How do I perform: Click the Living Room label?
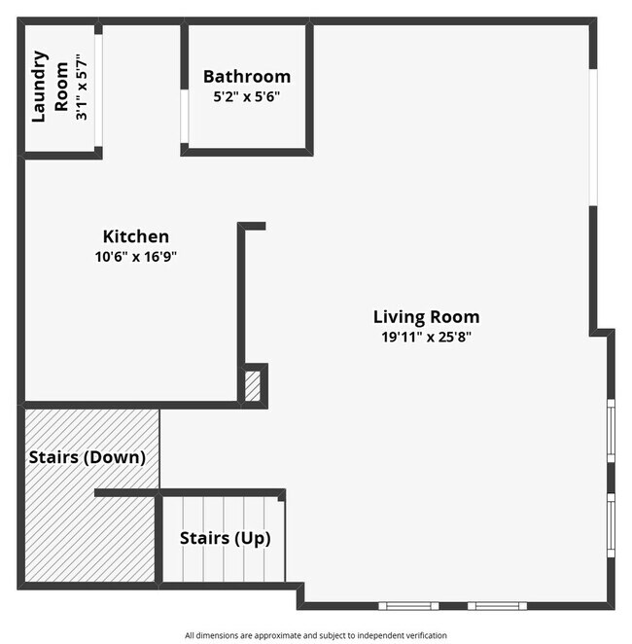[426, 316]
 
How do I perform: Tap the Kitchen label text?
[136, 236]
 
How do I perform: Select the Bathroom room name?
[247, 77]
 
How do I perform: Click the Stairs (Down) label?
[88, 456]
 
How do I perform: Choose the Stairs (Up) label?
[226, 538]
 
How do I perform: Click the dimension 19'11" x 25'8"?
[426, 337]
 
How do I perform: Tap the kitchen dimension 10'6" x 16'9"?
[136, 257]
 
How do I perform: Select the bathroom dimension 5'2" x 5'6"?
[247, 97]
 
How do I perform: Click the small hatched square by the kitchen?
[253, 386]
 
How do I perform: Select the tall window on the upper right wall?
[592, 136]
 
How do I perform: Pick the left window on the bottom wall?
[408, 606]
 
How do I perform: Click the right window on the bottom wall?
[497, 606]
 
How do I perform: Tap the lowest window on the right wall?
[611, 525]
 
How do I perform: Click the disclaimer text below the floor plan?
[316, 634]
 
